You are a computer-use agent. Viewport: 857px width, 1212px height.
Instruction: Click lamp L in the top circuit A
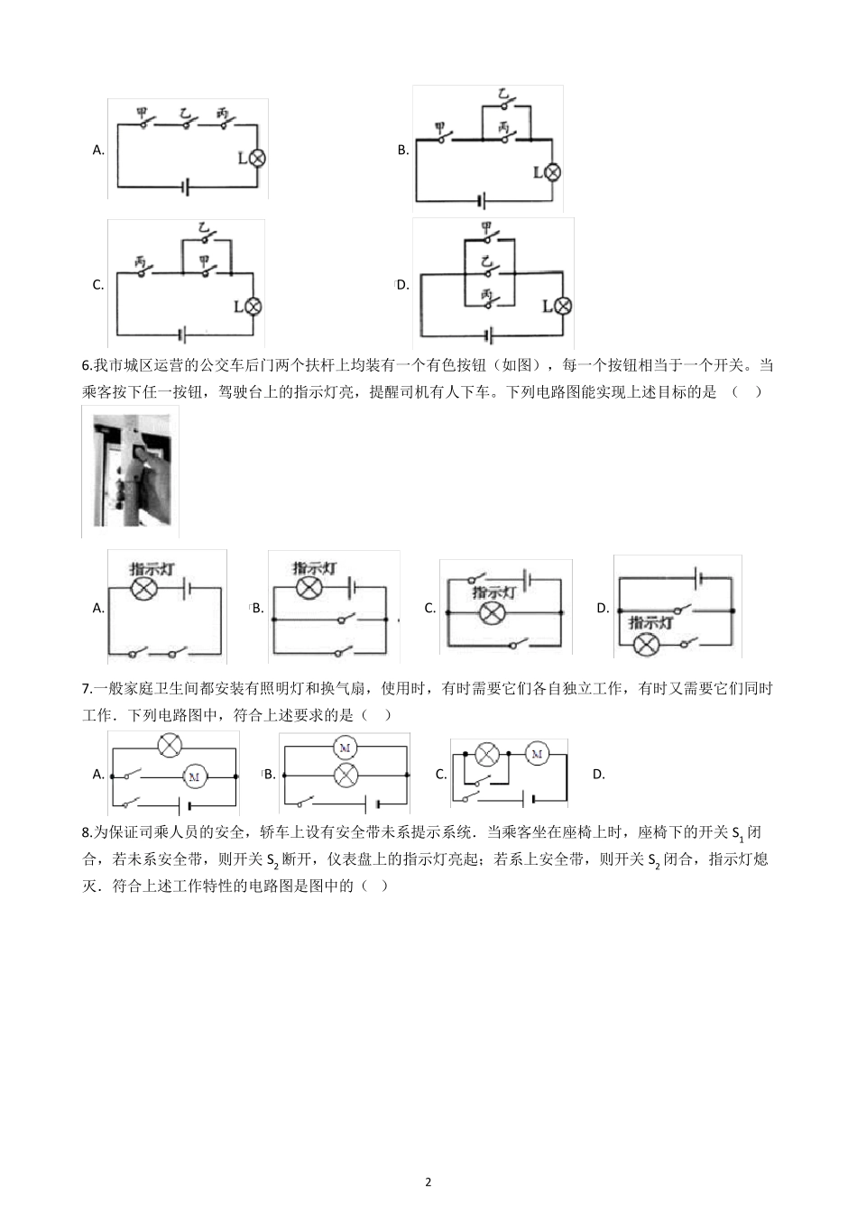(257, 158)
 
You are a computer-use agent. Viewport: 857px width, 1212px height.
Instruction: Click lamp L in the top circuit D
(563, 306)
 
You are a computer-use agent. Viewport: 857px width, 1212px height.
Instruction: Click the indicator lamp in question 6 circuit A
(144, 589)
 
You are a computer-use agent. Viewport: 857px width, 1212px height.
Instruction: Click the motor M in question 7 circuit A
(195, 776)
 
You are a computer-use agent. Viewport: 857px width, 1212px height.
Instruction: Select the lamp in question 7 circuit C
(487, 754)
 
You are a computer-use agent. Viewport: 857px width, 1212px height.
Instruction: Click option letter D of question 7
(598, 774)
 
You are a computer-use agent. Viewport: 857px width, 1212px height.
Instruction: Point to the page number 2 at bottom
(428, 1182)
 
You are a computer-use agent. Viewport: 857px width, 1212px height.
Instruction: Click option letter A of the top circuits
(98, 151)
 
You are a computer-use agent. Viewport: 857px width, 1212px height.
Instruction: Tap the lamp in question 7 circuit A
(170, 745)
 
